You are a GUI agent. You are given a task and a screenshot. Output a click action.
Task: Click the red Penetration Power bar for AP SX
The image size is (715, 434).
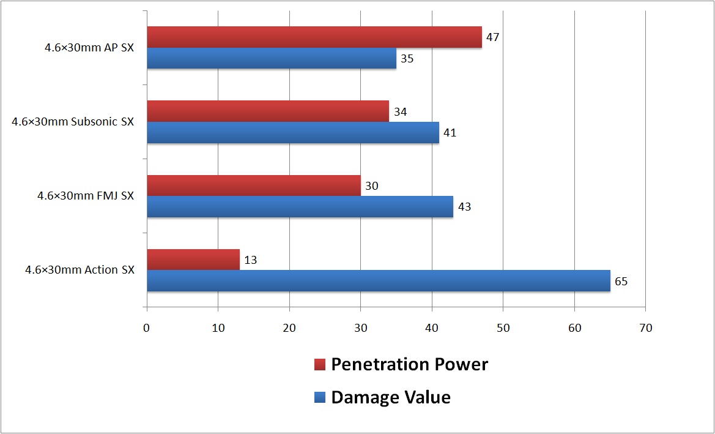point(314,37)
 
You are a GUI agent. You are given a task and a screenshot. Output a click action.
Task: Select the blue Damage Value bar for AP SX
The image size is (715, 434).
point(272,58)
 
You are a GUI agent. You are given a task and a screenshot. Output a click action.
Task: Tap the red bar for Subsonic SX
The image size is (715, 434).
point(268,111)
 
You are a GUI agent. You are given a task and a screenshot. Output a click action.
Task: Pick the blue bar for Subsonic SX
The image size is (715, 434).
point(293,132)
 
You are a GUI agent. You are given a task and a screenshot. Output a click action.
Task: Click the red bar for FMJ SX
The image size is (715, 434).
point(254,185)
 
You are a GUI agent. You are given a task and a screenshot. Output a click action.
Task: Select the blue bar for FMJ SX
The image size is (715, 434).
point(300,206)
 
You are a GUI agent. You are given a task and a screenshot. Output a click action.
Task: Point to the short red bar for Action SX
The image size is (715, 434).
point(193,260)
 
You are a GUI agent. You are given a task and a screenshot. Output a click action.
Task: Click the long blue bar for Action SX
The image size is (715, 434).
point(379,280)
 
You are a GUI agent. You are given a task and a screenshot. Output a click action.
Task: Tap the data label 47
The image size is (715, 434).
point(492,38)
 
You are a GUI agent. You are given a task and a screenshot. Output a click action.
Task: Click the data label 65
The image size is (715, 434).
point(621,281)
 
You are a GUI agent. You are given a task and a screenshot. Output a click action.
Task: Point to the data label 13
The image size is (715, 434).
point(250,260)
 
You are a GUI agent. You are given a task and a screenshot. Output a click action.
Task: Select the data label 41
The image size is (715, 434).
point(450,133)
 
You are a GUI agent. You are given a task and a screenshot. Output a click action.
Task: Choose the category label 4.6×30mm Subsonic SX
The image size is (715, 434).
point(73,122)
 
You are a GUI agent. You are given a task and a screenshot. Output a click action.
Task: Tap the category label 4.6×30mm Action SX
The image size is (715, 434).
point(80,269)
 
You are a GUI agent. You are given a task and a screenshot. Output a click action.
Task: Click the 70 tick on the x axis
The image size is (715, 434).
point(645,328)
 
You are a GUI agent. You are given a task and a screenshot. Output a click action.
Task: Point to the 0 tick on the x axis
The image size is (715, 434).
point(147,328)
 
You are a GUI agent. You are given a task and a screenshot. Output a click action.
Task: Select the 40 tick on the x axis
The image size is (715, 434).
point(432,328)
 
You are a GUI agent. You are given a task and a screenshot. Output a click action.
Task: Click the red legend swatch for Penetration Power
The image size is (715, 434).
point(320,365)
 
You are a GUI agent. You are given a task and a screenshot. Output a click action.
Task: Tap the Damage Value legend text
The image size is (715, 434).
point(391,397)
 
